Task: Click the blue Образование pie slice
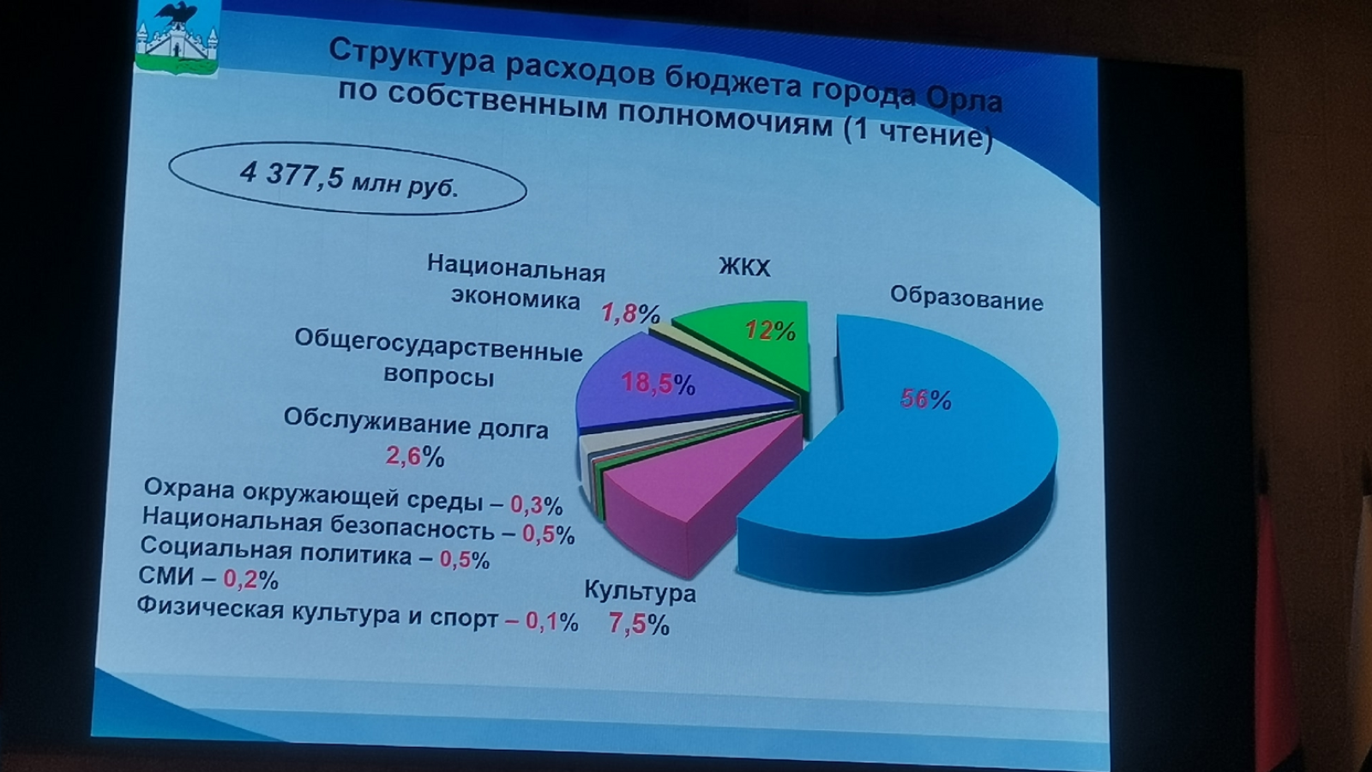[x=918, y=466]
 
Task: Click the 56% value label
[x=925, y=400]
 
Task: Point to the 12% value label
[x=770, y=331]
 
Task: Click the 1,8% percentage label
[x=630, y=314]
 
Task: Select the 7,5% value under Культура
[x=638, y=624]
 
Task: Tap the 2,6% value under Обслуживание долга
[x=415, y=456]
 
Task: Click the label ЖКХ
[x=744, y=267]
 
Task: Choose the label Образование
[x=966, y=299]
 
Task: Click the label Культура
[x=640, y=591]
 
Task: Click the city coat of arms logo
[x=177, y=38]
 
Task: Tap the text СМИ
[x=166, y=576]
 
